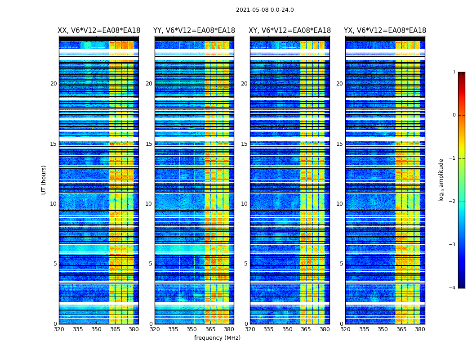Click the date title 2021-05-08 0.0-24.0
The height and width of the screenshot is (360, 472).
pos(265,10)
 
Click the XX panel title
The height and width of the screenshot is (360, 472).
pos(99,31)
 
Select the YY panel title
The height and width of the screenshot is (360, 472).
pos(194,31)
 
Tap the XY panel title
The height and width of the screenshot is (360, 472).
pos(290,31)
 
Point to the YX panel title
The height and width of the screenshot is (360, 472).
pos(385,31)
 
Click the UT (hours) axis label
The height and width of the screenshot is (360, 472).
pos(44,180)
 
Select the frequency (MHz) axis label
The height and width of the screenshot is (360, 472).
pos(217,338)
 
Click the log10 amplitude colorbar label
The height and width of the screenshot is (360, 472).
pos(441,180)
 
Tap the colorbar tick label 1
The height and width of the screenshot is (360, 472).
pos(454,72)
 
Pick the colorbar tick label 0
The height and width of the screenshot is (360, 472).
pos(454,115)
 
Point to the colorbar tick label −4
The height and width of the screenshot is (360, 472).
pos(453,288)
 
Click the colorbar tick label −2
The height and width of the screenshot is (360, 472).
pos(453,202)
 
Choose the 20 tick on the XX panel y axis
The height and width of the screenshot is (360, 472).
pos(53,84)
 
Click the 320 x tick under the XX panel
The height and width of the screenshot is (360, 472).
pos(59,329)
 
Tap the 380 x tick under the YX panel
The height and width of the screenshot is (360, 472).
pos(420,329)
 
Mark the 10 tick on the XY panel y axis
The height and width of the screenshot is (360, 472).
pos(244,204)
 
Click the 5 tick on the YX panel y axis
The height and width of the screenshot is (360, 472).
pos(342,264)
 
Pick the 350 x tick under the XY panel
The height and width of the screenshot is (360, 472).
pos(287,329)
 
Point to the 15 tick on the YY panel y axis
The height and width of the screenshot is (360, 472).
pos(149,144)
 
